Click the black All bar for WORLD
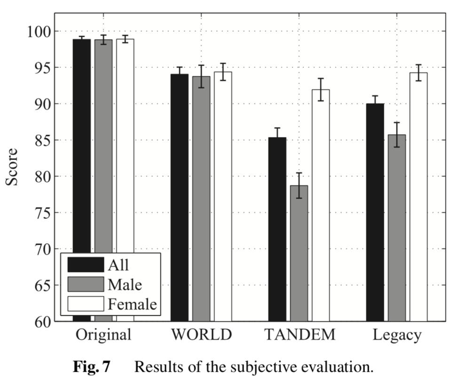click(x=179, y=198)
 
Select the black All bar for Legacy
click(x=375, y=212)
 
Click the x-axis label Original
click(x=103, y=335)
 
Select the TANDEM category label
click(x=300, y=335)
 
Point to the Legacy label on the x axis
click(x=397, y=335)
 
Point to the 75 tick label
click(x=39, y=213)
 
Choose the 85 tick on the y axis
click(x=39, y=140)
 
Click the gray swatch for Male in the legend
click(x=85, y=285)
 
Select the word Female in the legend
click(x=132, y=304)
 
